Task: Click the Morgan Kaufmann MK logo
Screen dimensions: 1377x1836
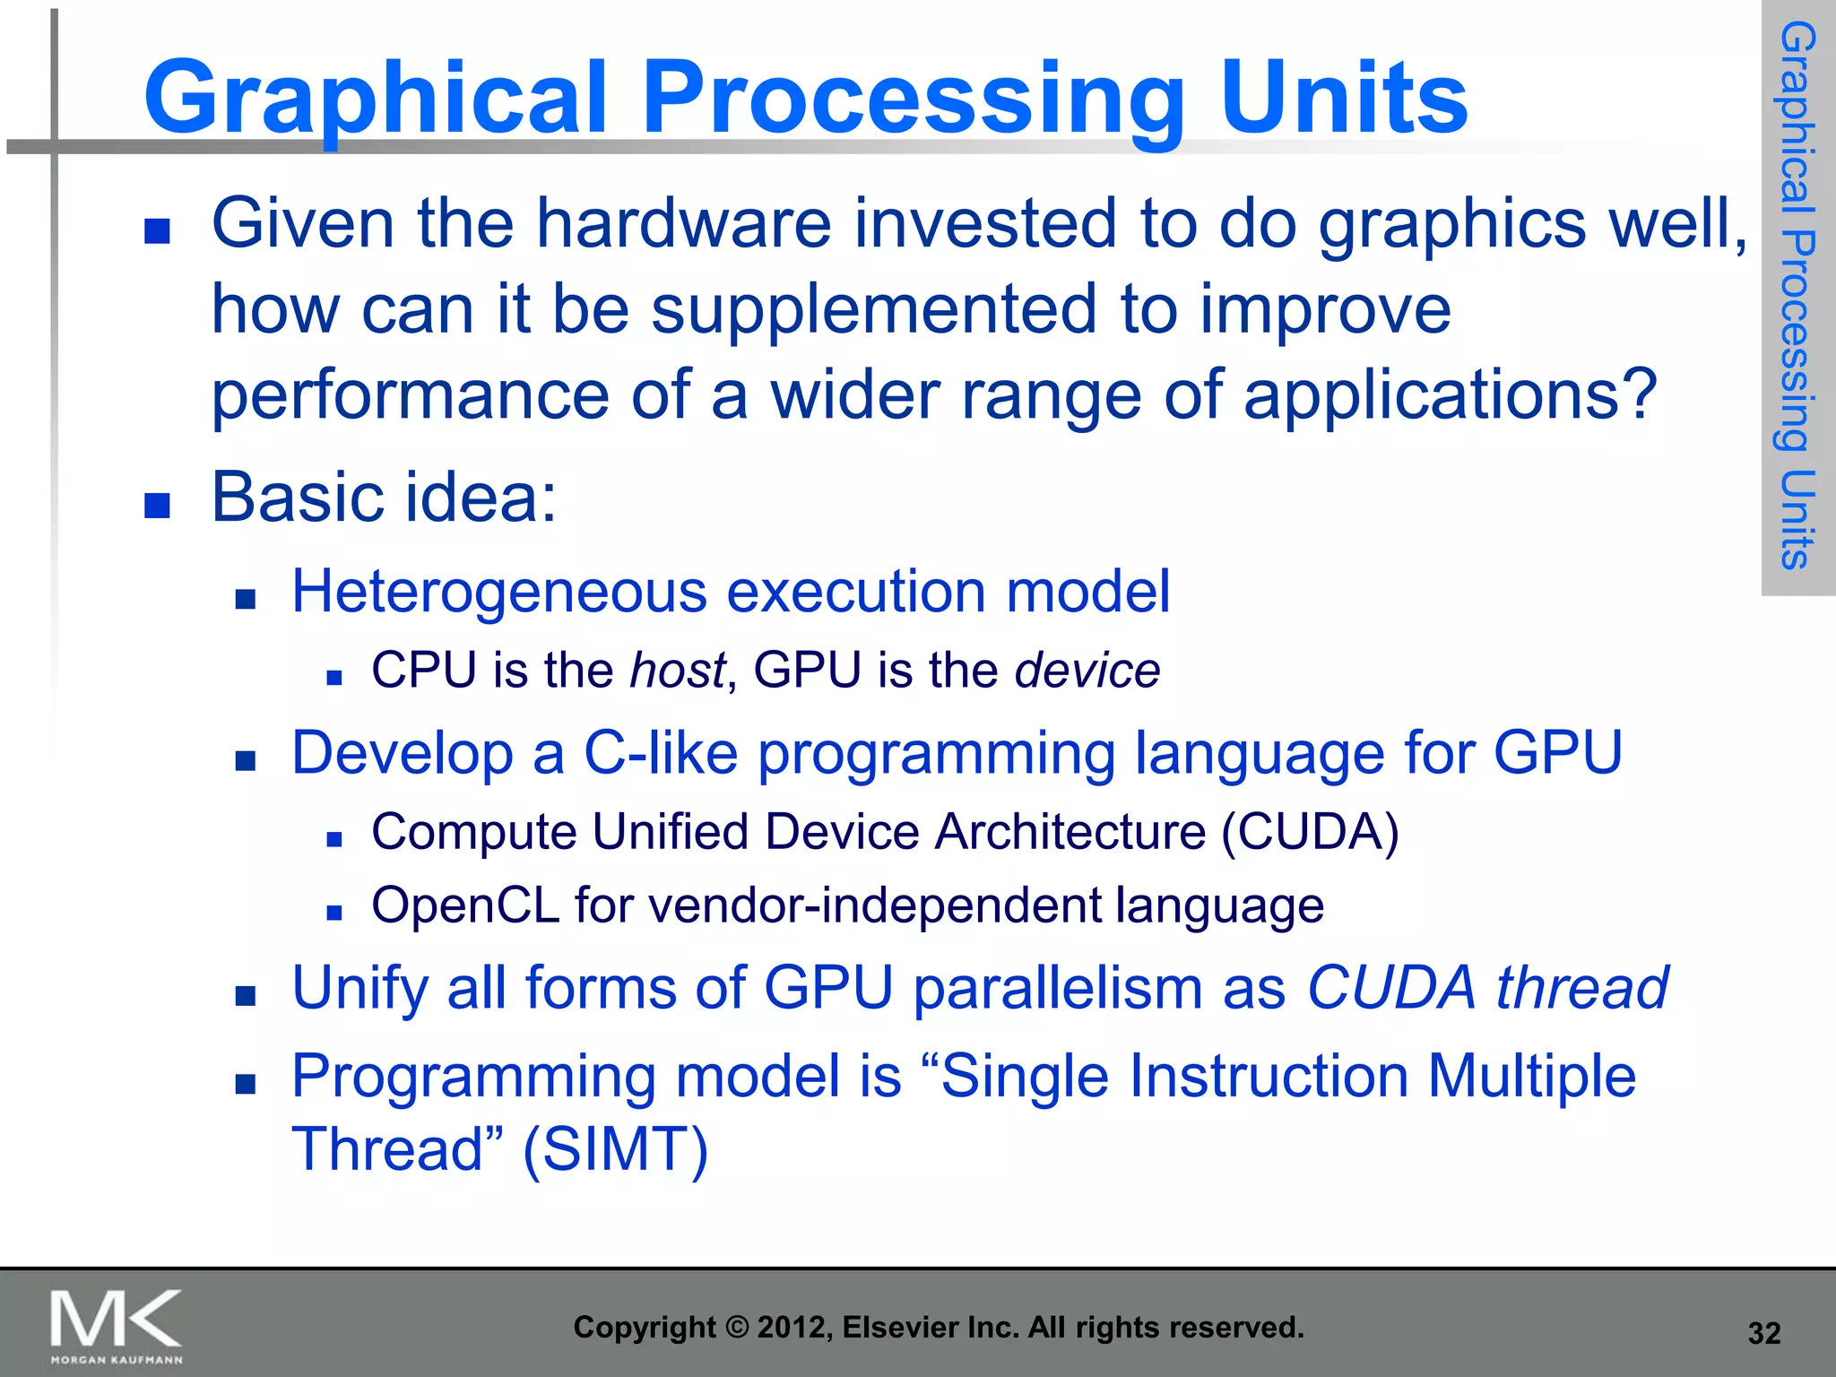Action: [117, 1325]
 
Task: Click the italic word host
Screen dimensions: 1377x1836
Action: [677, 671]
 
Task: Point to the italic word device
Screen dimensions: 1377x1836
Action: [1087, 671]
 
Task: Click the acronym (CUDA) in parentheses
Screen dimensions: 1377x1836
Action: [1309, 832]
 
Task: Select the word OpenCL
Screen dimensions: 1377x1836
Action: [465, 905]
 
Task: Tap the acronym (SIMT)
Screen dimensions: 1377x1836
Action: [615, 1149]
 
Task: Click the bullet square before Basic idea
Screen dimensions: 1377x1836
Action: [157, 506]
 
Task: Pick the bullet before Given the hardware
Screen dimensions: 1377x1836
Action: [157, 231]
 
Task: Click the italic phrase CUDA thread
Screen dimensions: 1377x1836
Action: [1487, 988]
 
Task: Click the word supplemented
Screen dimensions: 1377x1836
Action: [873, 309]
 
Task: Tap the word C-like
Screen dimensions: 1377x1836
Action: [661, 753]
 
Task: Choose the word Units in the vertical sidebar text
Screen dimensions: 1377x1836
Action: [1797, 520]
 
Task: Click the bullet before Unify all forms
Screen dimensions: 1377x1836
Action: [245, 995]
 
